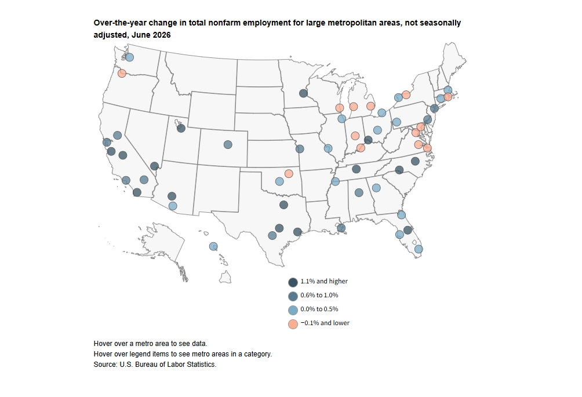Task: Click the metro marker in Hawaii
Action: pyautogui.click(x=213, y=246)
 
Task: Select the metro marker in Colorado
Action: pyautogui.click(x=228, y=145)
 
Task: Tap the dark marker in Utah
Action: pyautogui.click(x=181, y=129)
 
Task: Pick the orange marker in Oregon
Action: pyautogui.click(x=122, y=74)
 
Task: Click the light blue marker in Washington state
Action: pyautogui.click(x=129, y=57)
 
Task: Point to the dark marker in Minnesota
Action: pyautogui.click(x=303, y=93)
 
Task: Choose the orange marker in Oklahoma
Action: pyautogui.click(x=289, y=174)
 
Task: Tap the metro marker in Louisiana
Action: pyautogui.click(x=341, y=228)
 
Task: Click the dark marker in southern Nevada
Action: pyautogui.click(x=155, y=166)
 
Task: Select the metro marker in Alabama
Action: pyautogui.click(x=359, y=192)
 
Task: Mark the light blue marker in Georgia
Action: pyautogui.click(x=376, y=188)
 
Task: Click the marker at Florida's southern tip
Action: pyautogui.click(x=419, y=249)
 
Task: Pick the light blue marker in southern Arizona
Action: pyautogui.click(x=173, y=206)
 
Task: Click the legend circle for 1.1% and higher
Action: pyautogui.click(x=293, y=282)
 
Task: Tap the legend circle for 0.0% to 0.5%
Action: pyautogui.click(x=293, y=310)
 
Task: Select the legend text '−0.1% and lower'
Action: pyautogui.click(x=325, y=323)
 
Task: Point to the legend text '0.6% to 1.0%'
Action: pyautogui.click(x=319, y=296)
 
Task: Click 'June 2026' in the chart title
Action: pyautogui.click(x=151, y=35)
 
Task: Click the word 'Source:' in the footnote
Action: pyautogui.click(x=106, y=365)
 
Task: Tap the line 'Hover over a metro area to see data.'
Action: pyautogui.click(x=150, y=344)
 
